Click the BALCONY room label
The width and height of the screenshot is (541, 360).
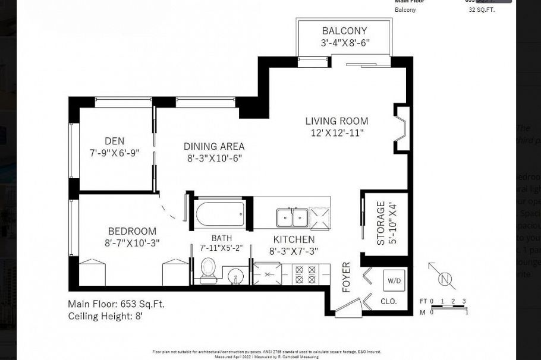click(344, 31)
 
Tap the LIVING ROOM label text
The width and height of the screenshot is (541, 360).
click(336, 121)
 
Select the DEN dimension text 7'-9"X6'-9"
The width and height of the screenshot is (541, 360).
click(115, 153)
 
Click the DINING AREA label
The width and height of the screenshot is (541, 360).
click(213, 146)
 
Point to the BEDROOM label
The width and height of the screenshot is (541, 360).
click(132, 231)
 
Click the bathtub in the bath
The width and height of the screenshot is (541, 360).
click(221, 213)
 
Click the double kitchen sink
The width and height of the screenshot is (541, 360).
click(292, 217)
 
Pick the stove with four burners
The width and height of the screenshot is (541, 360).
click(306, 275)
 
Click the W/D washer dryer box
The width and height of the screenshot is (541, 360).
click(393, 280)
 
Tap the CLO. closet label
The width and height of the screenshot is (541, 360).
click(388, 302)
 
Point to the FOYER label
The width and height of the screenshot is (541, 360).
click(347, 277)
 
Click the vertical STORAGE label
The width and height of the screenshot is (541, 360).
click(380, 223)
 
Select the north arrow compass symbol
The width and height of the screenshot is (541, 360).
click(444, 277)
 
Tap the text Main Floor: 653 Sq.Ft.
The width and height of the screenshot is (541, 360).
click(116, 304)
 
